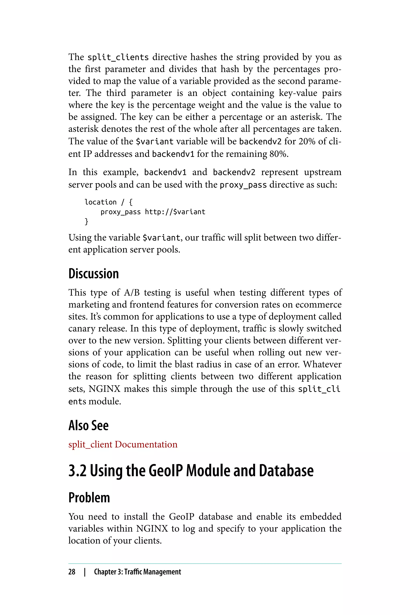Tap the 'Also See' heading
[x=88, y=425]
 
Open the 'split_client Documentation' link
[x=123, y=444]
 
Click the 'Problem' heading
[x=89, y=498]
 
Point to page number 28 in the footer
[x=72, y=572]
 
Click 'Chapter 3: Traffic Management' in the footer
[x=137, y=572]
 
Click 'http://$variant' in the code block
[x=175, y=212]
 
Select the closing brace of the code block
[x=86, y=221]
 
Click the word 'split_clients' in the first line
[x=118, y=57]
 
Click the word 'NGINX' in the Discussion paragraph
[x=104, y=389]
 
